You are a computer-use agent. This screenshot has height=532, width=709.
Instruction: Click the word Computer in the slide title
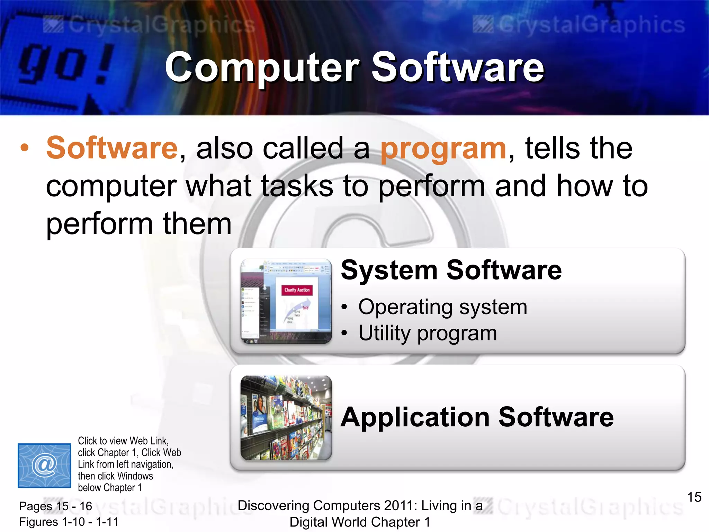(262, 68)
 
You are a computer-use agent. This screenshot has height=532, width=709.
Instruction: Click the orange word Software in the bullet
(112, 148)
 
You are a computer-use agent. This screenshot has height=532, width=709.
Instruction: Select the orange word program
(443, 149)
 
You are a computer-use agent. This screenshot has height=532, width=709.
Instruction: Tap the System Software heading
(451, 270)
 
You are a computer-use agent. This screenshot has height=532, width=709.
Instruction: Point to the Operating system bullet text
(442, 307)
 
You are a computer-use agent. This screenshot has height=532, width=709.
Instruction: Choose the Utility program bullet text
(428, 333)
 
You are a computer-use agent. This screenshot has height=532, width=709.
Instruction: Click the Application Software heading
(477, 417)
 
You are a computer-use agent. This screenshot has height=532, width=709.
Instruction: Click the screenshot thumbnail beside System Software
(286, 301)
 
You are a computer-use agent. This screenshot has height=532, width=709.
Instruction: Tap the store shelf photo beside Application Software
(286, 418)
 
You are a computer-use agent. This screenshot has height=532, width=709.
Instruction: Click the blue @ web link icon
(44, 465)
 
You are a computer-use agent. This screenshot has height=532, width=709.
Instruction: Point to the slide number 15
(694, 497)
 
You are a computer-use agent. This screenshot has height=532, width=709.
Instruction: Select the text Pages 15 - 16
(56, 506)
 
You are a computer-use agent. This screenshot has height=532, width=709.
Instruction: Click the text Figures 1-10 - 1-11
(69, 522)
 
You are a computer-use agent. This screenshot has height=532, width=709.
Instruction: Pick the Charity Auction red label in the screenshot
(297, 290)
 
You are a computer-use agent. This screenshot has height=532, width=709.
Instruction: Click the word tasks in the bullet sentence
(297, 186)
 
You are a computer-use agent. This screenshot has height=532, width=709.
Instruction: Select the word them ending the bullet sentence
(197, 224)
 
